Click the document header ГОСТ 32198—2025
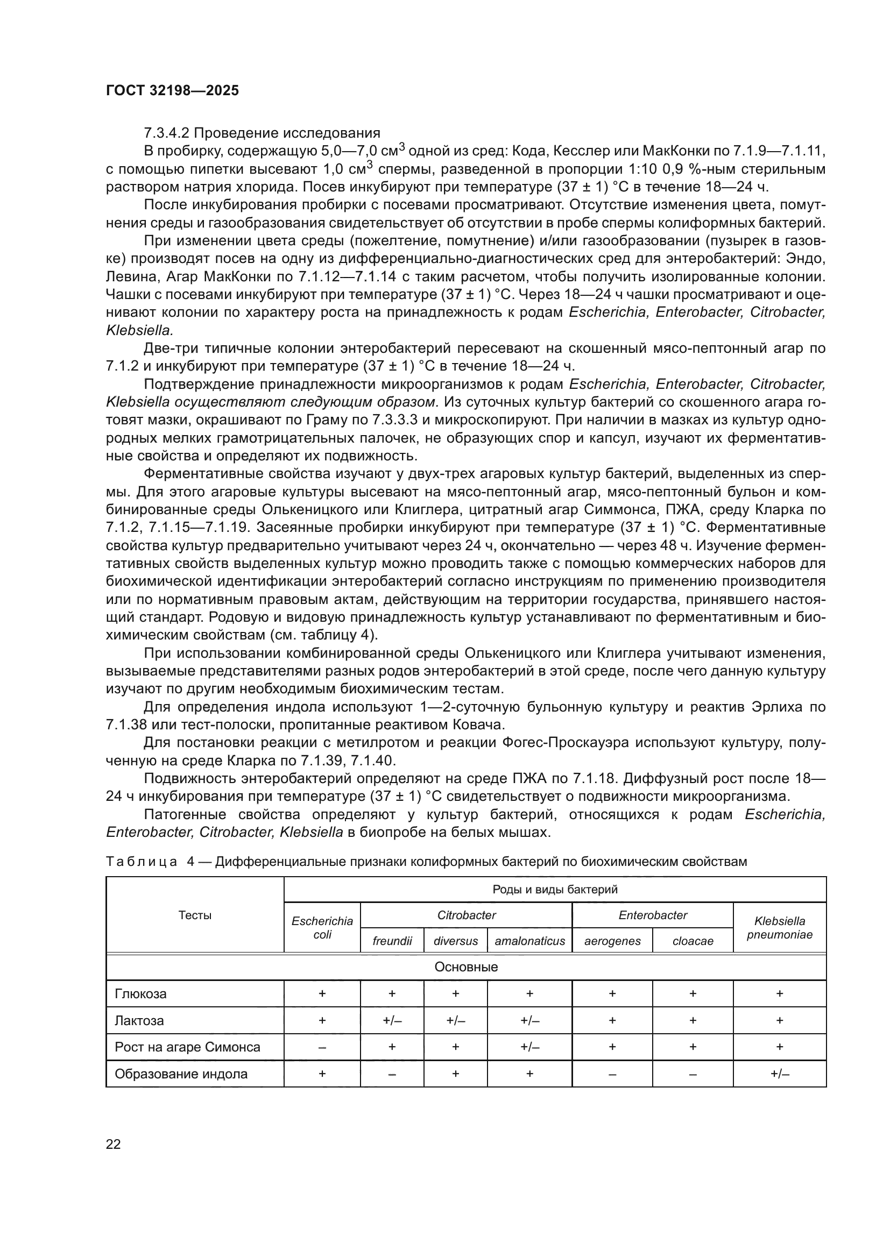pyautogui.click(x=172, y=91)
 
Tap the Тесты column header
pyautogui.click(x=195, y=915)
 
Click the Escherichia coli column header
pyautogui.click(x=322, y=928)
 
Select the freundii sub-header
pyautogui.click(x=392, y=941)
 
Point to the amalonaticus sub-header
pyautogui.click(x=529, y=941)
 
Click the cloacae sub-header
pyautogui.click(x=693, y=941)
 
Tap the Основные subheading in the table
pyautogui.click(x=466, y=967)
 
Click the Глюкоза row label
pyautogui.click(x=141, y=994)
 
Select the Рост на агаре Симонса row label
pyautogui.click(x=187, y=1047)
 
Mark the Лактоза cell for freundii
pyautogui.click(x=392, y=1021)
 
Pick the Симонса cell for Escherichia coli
pyautogui.click(x=322, y=1047)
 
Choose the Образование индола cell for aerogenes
pyautogui.click(x=612, y=1074)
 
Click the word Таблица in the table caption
pyautogui.click(x=142, y=862)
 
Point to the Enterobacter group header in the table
pyautogui.click(x=652, y=915)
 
